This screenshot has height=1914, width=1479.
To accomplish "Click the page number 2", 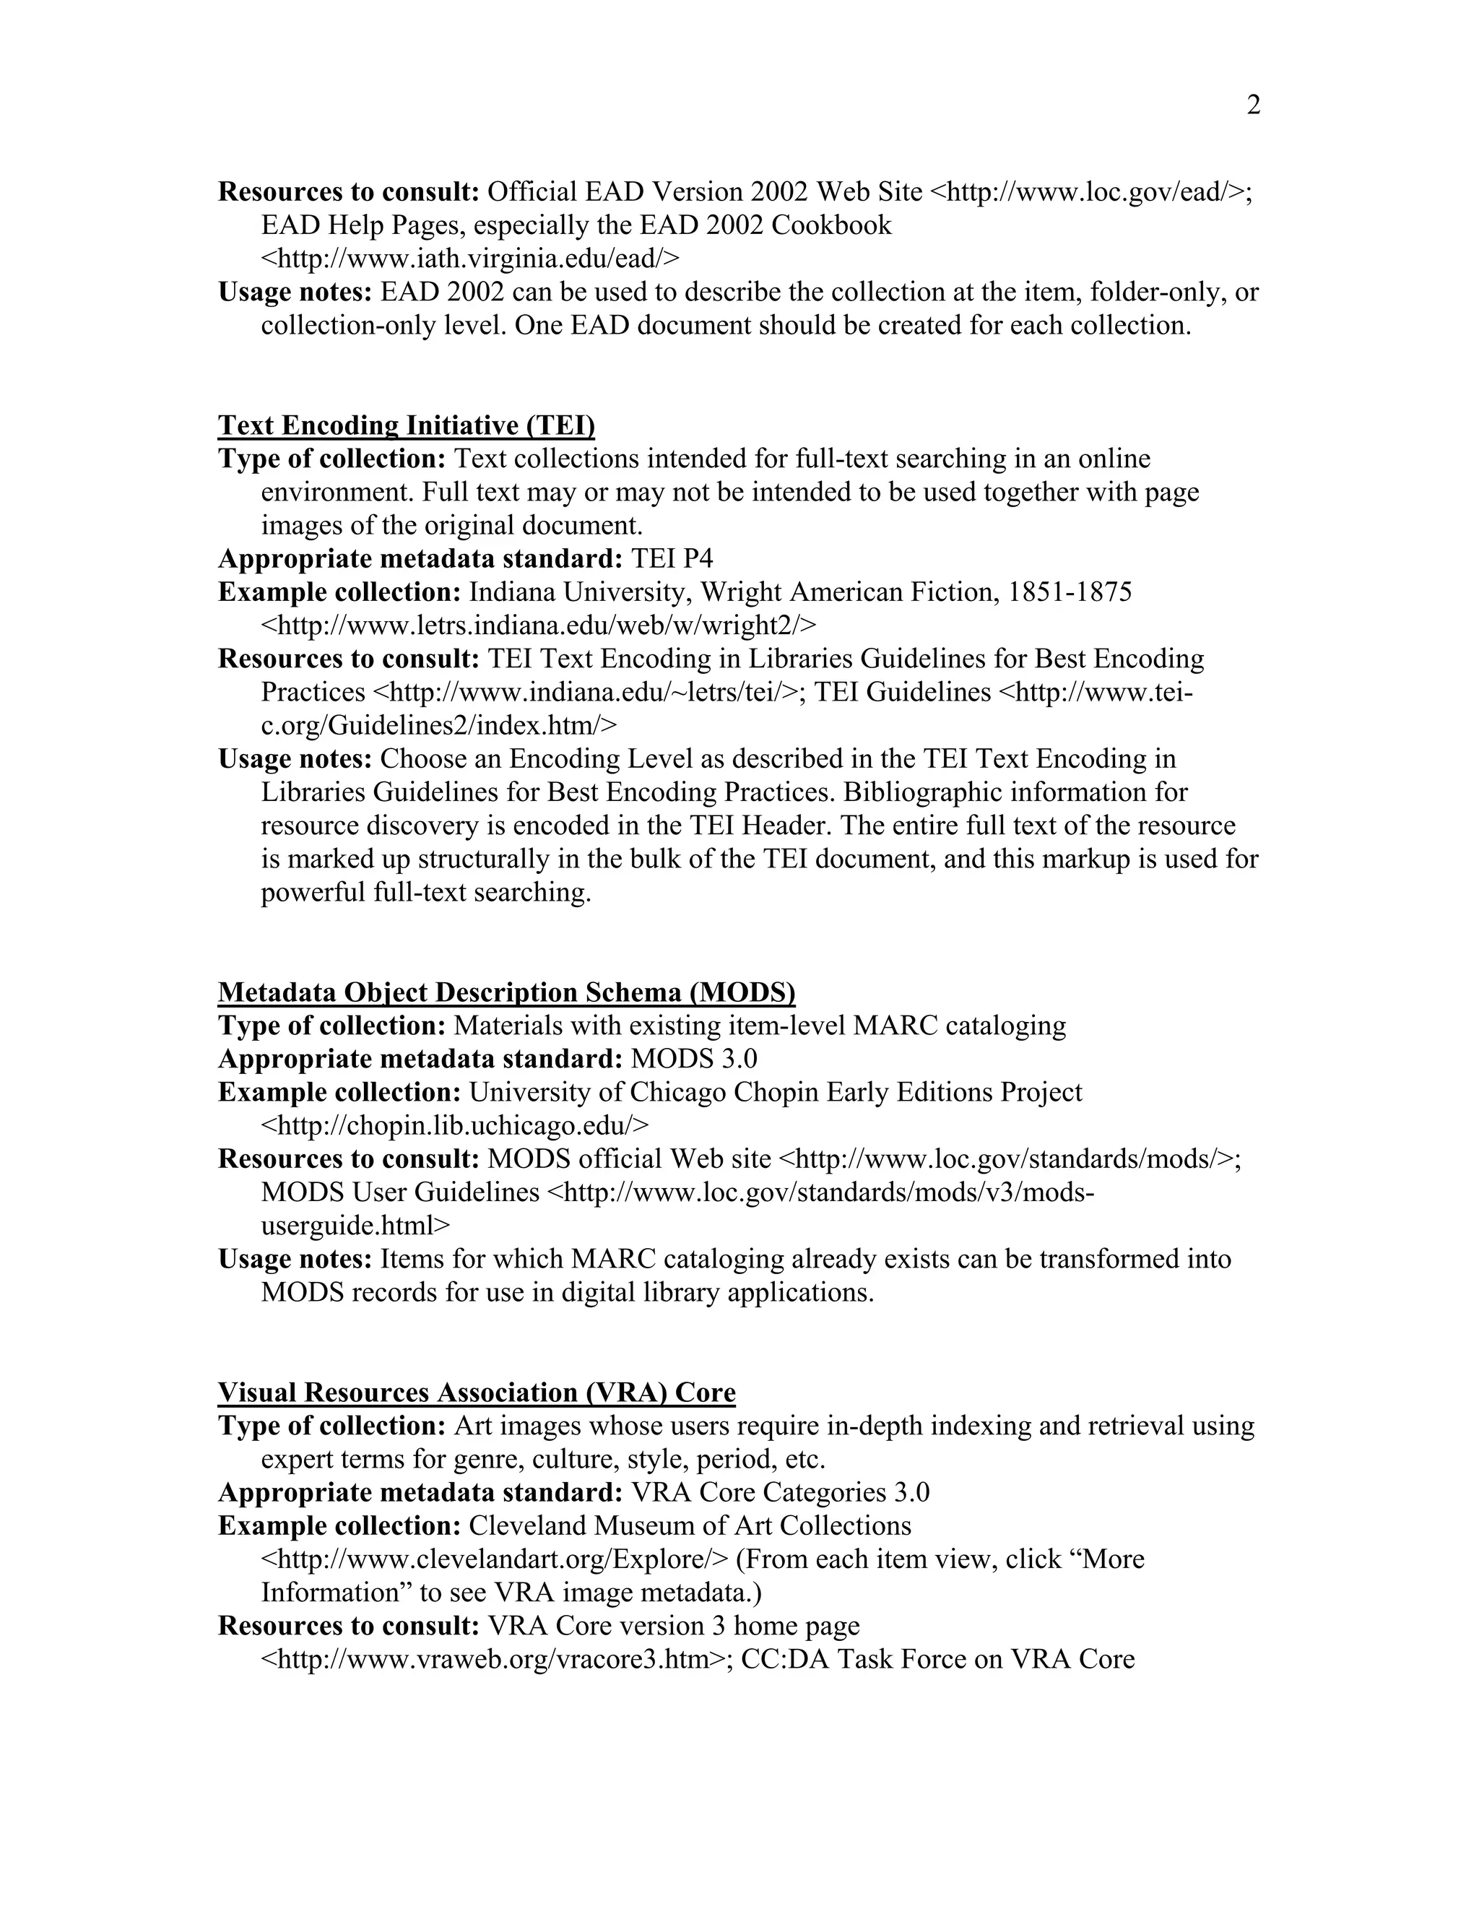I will point(1253,106).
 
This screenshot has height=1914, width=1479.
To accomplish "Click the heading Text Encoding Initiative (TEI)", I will point(407,426).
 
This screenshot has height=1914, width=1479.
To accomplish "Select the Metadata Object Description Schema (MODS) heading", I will point(506,993).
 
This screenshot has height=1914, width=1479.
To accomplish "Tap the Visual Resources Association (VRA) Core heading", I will point(477,1393).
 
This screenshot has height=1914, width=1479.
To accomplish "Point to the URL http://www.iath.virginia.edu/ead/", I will point(469,259).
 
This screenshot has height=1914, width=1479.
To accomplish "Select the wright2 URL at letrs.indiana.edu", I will point(538,625).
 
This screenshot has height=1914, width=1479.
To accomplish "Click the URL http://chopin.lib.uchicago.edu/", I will point(455,1126).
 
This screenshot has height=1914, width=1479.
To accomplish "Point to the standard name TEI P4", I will point(672,559).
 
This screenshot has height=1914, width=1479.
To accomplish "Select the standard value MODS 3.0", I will point(694,1060).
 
